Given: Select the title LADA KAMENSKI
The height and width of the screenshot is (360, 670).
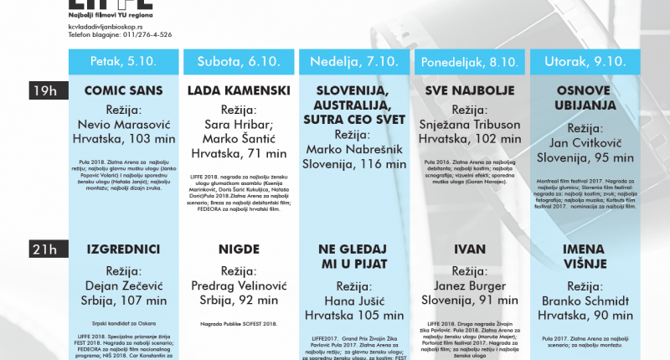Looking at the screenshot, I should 239,90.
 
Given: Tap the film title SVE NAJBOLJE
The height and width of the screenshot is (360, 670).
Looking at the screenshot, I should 469,90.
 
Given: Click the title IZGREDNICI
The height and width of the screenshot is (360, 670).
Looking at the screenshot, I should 121,249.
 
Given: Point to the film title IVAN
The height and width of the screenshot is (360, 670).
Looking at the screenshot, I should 469,249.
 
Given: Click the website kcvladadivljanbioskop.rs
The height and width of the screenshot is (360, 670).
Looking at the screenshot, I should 108,25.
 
